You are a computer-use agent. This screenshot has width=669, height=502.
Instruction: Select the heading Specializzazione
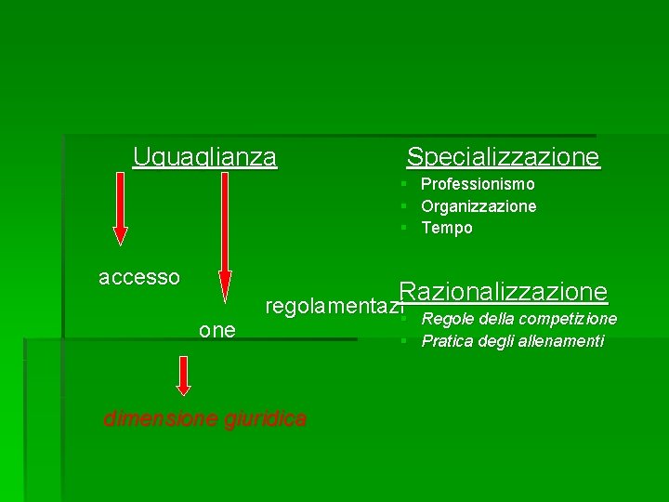503,156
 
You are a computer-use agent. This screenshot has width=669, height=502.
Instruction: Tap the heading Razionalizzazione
503,292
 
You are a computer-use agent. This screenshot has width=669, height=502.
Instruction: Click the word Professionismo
478,185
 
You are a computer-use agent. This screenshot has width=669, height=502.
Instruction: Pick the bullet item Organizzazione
479,206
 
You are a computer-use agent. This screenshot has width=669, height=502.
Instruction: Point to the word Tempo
447,228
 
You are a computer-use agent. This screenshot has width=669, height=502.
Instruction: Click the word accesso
139,277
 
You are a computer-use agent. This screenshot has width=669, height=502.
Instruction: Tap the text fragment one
217,330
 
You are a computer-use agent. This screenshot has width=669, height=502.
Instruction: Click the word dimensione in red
161,419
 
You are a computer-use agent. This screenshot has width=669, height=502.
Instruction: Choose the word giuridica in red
265,419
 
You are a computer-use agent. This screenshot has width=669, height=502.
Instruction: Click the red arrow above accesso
120,209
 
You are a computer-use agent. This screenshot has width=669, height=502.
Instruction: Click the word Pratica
447,341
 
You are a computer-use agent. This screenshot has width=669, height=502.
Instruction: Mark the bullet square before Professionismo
405,185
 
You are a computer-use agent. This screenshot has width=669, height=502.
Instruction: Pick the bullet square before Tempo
405,228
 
